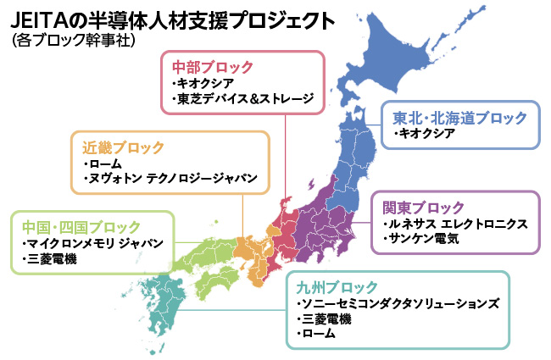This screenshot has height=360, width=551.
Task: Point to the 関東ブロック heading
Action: [x=423, y=207]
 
